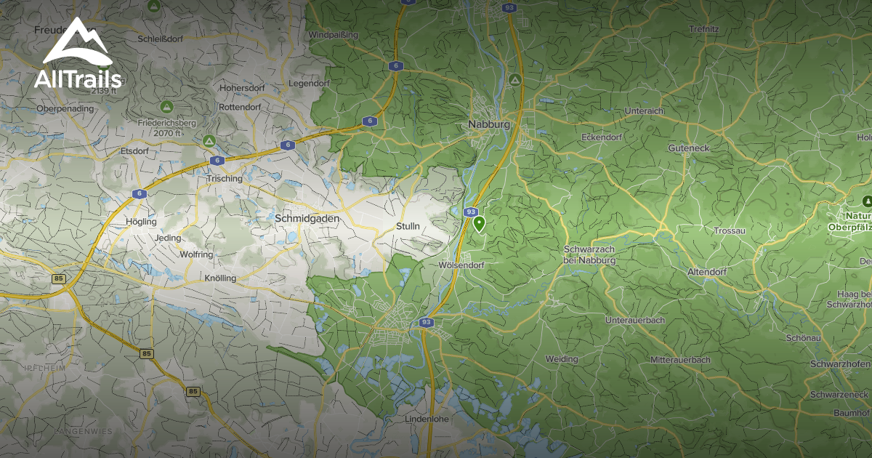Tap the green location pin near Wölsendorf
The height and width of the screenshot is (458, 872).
[479, 224]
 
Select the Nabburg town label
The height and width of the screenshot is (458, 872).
[489, 124]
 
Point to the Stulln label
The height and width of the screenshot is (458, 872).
[408, 226]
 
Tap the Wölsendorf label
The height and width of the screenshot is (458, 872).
[461, 265]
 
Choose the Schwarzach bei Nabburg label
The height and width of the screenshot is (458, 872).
[589, 254]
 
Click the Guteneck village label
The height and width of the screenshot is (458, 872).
[688, 148]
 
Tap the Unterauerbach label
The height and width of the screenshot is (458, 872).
[635, 320]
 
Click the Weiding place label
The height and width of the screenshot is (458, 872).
[562, 359]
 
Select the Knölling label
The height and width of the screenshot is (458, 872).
[220, 278]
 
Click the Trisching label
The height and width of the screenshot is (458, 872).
[224, 178]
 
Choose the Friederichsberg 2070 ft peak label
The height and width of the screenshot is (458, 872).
[166, 128]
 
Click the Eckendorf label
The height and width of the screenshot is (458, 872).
[602, 137]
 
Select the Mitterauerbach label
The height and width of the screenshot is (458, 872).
[680, 360]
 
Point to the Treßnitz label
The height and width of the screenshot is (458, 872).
[704, 29]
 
